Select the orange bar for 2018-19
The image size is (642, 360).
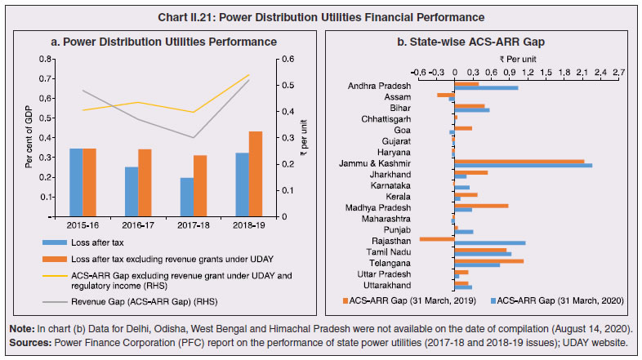coord(256,174)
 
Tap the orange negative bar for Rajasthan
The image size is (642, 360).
coord(435,239)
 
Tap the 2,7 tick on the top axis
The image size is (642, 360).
coord(618,71)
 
